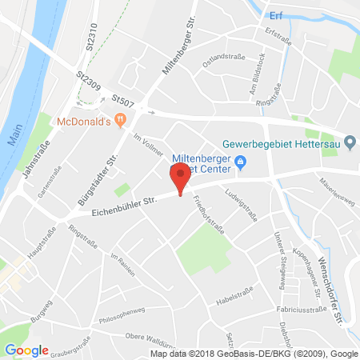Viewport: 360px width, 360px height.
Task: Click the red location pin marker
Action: [x=180, y=177]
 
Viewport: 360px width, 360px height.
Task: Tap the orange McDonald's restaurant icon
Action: [x=121, y=122]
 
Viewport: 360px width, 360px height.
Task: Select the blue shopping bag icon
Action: [x=241, y=166]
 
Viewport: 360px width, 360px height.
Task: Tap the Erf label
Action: [x=277, y=14]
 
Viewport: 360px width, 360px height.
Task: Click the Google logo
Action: [x=26, y=350]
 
